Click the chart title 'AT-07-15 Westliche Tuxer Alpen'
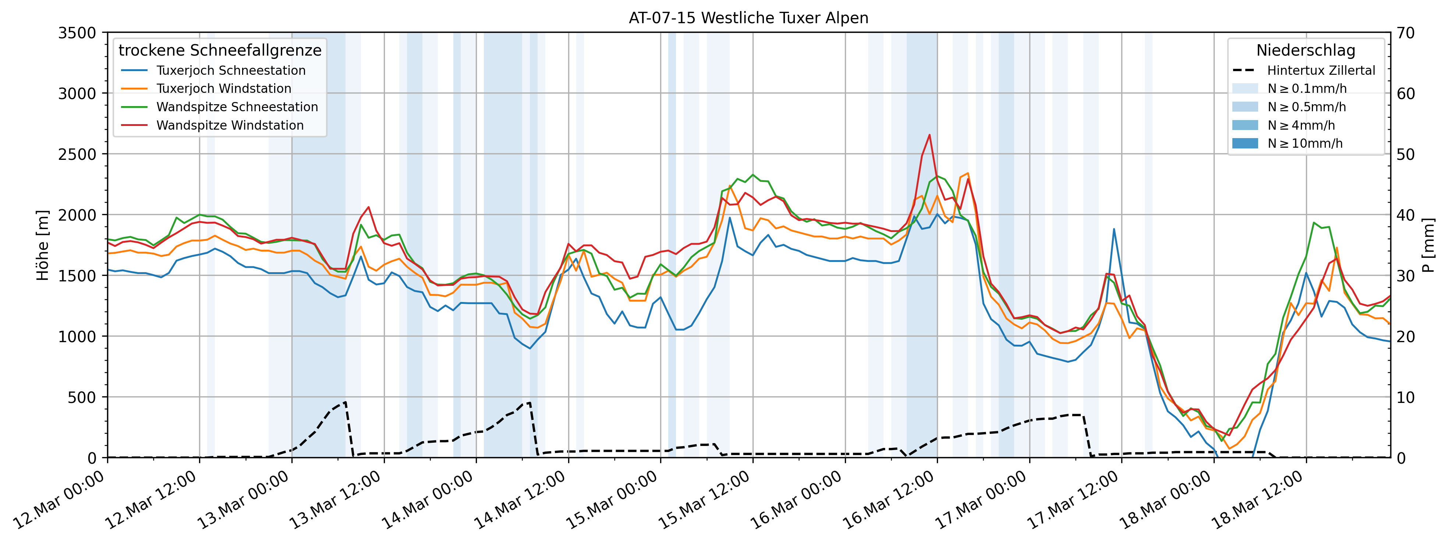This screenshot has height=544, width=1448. (748, 18)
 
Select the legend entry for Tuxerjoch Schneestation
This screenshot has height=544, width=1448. (230, 70)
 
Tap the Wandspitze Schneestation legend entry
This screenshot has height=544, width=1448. (237, 107)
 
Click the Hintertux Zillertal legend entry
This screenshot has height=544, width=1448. (1320, 70)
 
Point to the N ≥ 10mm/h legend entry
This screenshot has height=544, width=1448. (1304, 143)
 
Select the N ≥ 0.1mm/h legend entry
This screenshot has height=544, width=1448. (1306, 88)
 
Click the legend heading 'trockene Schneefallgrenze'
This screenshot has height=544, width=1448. (220, 50)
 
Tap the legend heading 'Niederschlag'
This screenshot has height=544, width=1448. (1305, 50)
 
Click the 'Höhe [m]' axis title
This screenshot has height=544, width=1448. (43, 245)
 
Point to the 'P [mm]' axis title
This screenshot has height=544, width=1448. (1428, 245)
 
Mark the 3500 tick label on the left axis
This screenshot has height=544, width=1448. (77, 33)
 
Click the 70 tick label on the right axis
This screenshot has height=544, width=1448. (1406, 33)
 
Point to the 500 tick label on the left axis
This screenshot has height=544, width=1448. (83, 397)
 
